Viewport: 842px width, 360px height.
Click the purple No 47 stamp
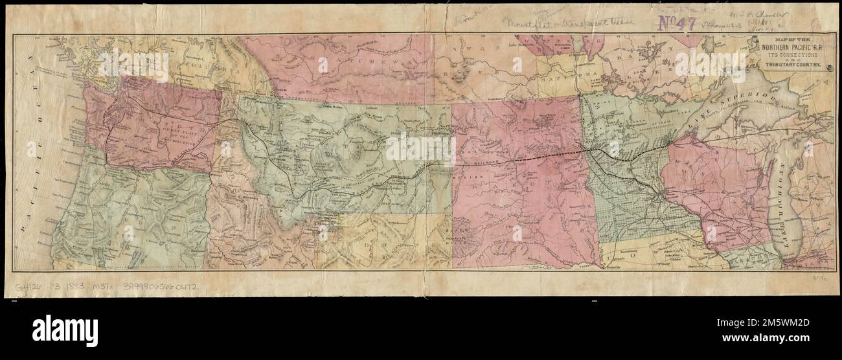point(677,23)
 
